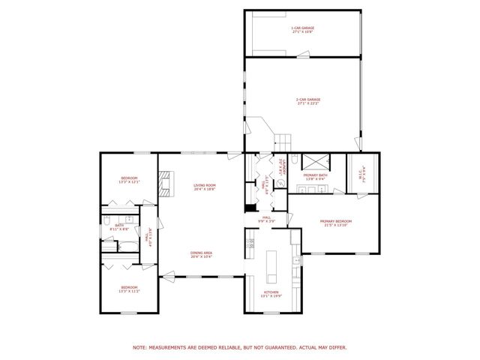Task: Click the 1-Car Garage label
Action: [302, 31]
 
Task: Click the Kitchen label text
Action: [271, 293]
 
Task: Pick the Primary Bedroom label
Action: [335, 223]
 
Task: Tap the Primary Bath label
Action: [313, 178]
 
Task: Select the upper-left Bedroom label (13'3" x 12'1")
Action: [130, 180]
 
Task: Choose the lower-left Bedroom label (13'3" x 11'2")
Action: [130, 289]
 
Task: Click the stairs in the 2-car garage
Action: [283, 139]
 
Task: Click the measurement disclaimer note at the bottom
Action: [240, 347]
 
